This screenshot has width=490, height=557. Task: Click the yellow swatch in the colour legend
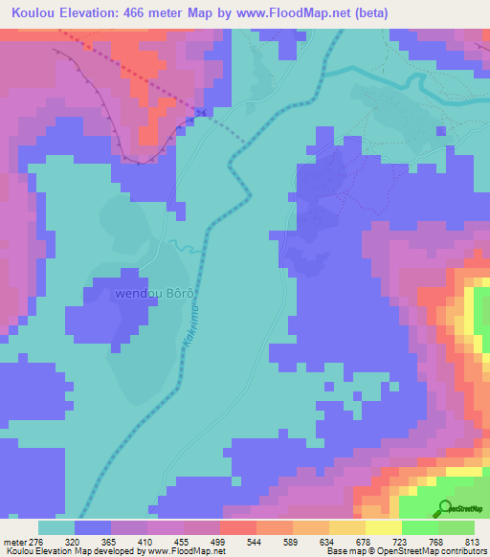click(x=384, y=527)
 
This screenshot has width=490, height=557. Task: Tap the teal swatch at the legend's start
click(x=56, y=527)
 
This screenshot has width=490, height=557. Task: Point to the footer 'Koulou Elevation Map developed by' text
click(x=73, y=551)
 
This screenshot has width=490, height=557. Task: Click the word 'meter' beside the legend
click(x=13, y=541)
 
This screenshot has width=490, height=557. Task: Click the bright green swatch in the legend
click(x=420, y=527)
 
